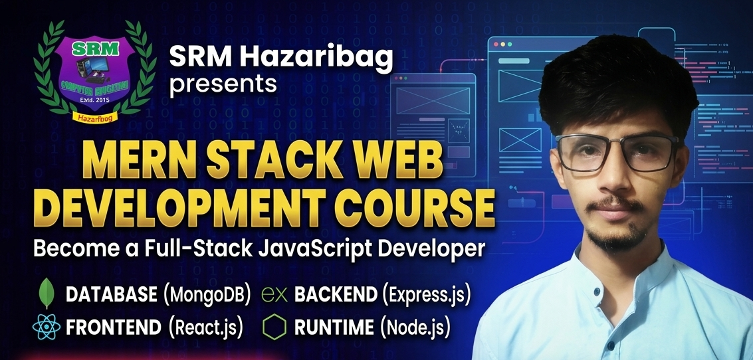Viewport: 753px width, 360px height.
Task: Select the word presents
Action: click(x=223, y=84)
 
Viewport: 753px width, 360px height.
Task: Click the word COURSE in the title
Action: click(x=418, y=210)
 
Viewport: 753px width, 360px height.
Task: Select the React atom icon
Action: click(x=46, y=327)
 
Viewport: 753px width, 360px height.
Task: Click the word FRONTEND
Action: click(x=113, y=327)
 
